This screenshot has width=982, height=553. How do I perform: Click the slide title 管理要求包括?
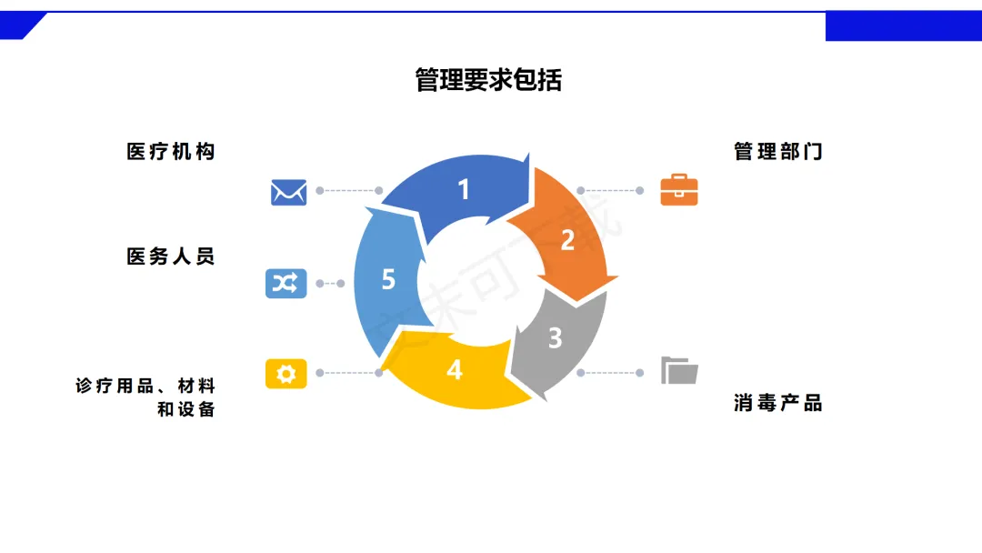coord(488,80)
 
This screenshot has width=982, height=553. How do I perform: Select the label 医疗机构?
coord(171,152)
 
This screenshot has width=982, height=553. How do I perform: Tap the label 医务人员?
coord(171,257)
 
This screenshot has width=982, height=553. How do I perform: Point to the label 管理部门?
coord(778,152)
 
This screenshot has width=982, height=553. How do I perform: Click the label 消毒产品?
coord(778,403)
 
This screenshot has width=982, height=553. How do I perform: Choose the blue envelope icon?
coord(288,192)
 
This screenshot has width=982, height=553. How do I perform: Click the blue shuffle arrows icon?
coord(286,284)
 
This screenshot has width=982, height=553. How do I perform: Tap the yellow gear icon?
coord(286,373)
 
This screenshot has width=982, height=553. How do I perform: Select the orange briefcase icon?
coord(679,190)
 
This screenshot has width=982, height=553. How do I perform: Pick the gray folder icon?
coord(679,371)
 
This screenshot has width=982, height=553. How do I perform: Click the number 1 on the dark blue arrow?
coord(464,190)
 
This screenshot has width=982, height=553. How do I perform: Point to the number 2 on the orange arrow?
coord(567,241)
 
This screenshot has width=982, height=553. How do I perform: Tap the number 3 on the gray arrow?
coord(555,338)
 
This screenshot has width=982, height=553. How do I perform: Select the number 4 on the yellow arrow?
coord(455,370)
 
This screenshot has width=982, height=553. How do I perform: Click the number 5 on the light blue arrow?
coord(388,279)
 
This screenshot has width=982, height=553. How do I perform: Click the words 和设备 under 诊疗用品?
coord(186,409)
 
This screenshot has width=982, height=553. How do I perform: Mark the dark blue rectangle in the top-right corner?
coord(903,26)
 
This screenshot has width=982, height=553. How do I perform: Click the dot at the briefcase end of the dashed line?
coord(640,191)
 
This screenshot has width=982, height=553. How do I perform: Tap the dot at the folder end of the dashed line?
coord(640,373)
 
